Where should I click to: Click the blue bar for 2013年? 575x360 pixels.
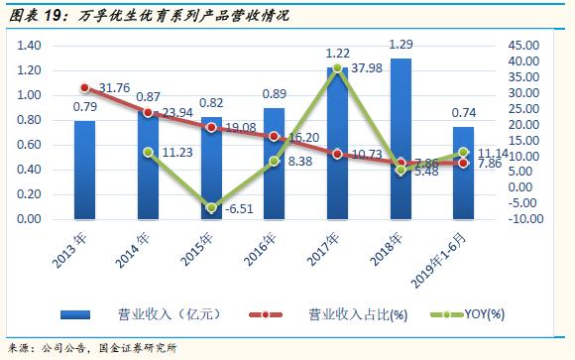[84, 170]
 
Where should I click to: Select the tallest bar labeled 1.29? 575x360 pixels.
[401, 139]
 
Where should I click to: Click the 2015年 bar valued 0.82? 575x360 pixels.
[211, 168]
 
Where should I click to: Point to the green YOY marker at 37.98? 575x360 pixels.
[337, 67]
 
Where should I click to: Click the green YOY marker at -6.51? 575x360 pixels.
[211, 208]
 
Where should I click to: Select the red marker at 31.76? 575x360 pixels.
[84, 87]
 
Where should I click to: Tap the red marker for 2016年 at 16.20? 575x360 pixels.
[275, 137]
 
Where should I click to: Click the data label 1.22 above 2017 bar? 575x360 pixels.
[338, 54]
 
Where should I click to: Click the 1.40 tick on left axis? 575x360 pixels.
[29, 46]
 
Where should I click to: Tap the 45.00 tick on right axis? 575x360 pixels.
[522, 46]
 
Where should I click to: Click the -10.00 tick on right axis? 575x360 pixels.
[522, 219]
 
